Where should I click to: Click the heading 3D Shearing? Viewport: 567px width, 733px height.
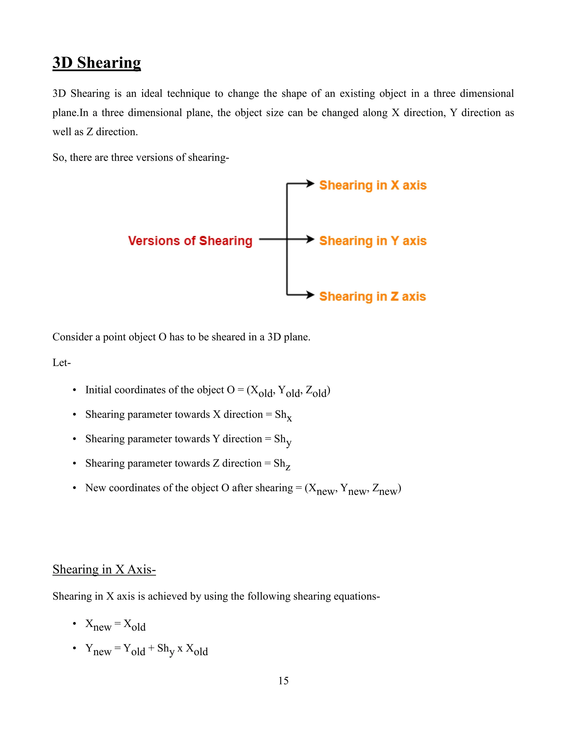96,63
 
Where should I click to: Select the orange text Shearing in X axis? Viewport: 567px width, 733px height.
373,185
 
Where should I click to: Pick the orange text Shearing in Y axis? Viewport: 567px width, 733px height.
373,241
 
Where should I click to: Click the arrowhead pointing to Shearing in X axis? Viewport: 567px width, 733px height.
310,184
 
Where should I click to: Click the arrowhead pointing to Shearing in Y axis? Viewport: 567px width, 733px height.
310,239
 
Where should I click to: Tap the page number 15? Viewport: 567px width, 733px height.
283,681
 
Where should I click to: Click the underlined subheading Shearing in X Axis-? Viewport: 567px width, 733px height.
104,570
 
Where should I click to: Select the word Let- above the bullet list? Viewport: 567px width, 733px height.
61,363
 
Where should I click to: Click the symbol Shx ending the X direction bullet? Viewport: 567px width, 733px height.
283,415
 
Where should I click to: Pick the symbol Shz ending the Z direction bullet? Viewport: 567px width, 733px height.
282,464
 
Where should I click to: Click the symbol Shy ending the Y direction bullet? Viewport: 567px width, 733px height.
282,440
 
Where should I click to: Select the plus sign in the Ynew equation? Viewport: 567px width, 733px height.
151,648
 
